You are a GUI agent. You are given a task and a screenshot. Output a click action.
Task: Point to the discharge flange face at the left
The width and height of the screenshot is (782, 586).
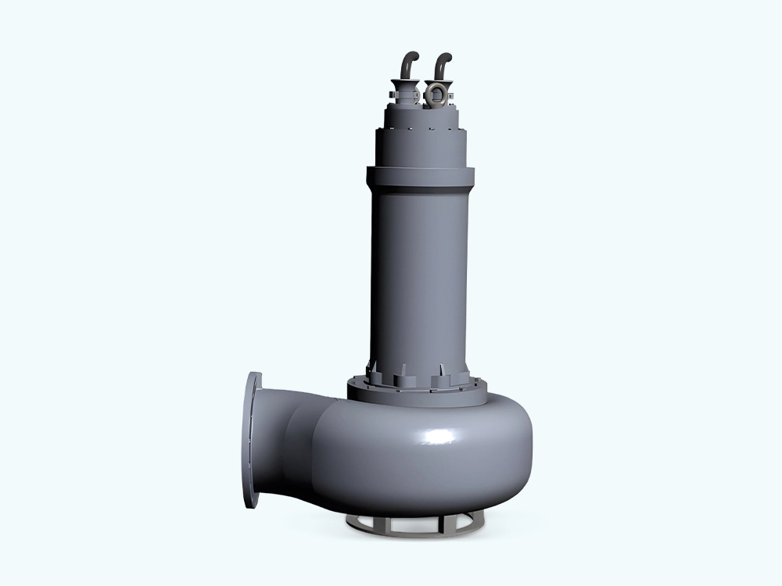(x=252, y=440)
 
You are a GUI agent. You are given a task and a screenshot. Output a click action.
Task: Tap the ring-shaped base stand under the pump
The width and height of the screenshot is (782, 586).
(x=422, y=525)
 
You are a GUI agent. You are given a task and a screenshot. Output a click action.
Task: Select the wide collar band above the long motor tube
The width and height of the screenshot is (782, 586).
(x=420, y=177)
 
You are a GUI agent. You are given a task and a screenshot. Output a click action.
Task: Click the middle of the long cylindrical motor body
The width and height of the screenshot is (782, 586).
(x=420, y=273)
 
